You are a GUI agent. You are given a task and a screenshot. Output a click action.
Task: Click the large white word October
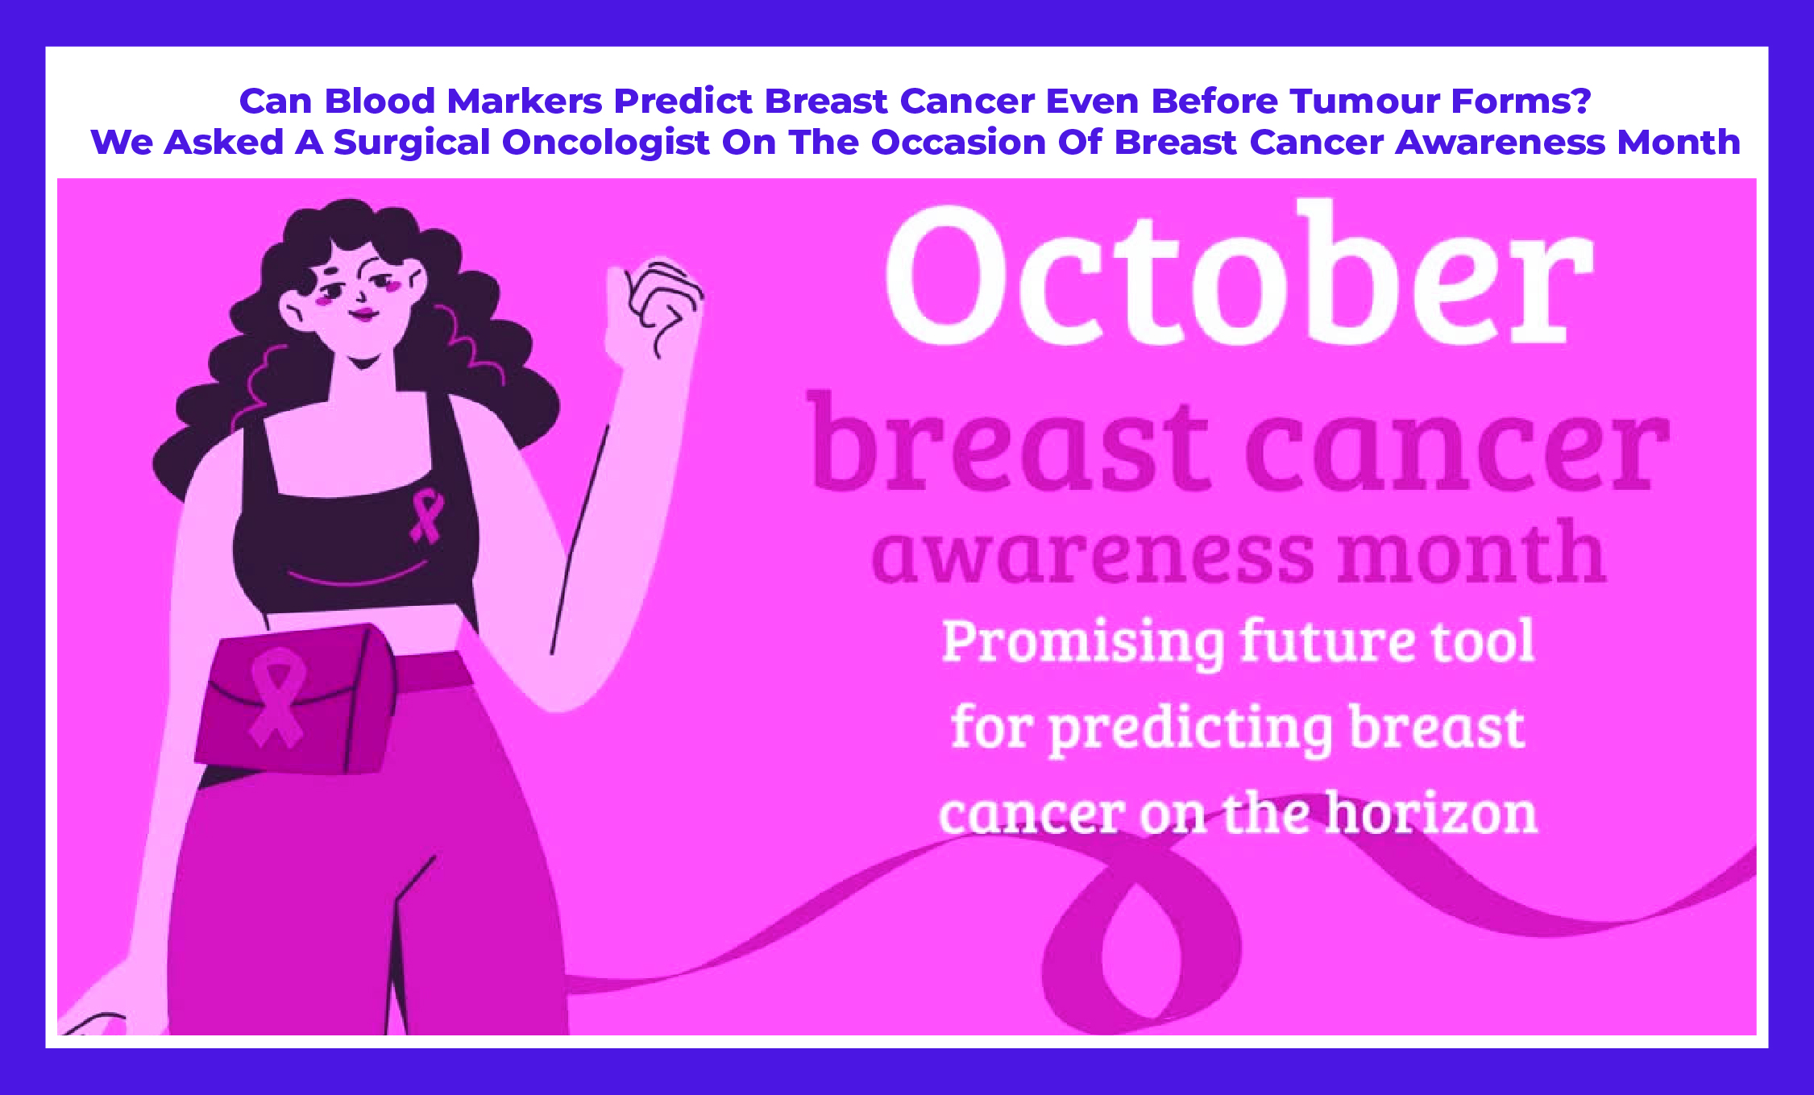coord(1239,273)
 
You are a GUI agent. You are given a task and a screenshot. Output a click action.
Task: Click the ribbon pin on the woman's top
coord(427,516)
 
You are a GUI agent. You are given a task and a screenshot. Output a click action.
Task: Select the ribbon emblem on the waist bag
coord(276,698)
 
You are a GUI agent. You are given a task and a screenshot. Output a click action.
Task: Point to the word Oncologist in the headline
coord(606,143)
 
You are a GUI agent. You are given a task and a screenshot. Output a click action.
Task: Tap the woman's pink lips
coord(363,313)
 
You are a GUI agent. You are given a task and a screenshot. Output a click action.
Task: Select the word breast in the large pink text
coord(1011,442)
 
